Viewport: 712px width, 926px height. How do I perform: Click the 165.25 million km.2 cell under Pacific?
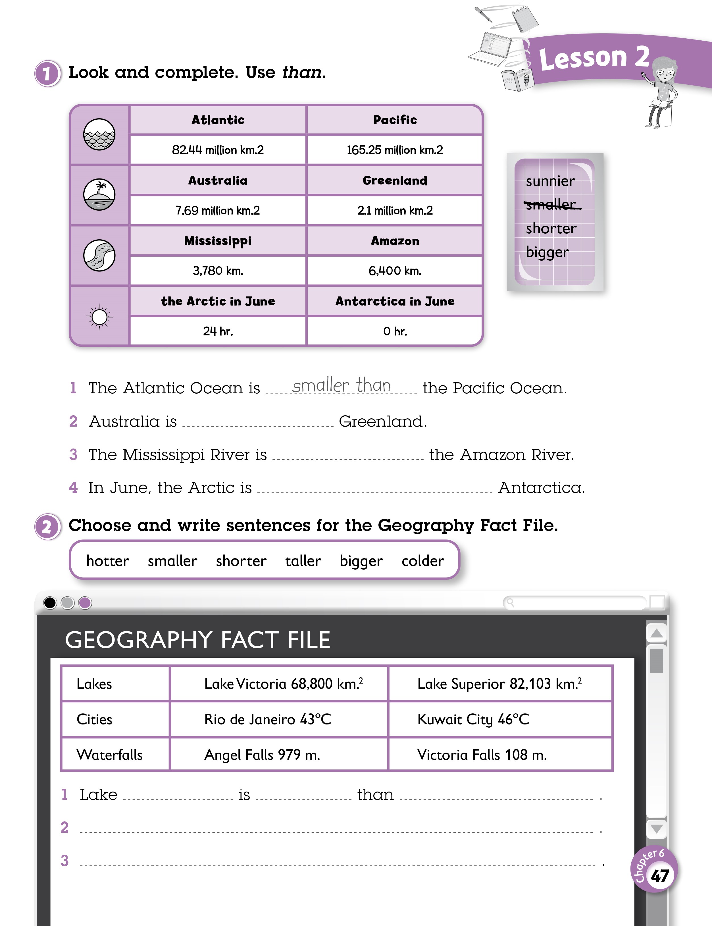395,150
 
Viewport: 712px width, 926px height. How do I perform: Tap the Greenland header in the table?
395,180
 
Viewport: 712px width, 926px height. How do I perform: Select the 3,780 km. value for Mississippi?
218,271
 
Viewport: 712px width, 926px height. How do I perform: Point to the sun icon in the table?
99,317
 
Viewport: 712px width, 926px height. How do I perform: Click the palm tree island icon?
99,195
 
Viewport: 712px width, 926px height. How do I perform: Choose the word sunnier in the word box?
550,181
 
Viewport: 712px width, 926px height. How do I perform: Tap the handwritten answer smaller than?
341,385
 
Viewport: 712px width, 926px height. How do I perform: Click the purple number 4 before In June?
73,488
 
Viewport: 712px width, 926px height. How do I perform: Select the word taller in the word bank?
303,561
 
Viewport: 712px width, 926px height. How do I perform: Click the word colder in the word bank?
422,561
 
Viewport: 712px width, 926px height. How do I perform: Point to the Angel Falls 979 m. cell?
262,755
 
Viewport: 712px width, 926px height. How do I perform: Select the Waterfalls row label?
109,755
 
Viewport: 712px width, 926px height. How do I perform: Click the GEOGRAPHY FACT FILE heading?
197,640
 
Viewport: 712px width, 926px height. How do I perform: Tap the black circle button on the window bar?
50,603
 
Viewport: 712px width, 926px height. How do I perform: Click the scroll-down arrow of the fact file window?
657,828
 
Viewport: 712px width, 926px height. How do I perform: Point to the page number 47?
659,875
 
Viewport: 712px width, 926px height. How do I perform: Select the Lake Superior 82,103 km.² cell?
499,684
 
